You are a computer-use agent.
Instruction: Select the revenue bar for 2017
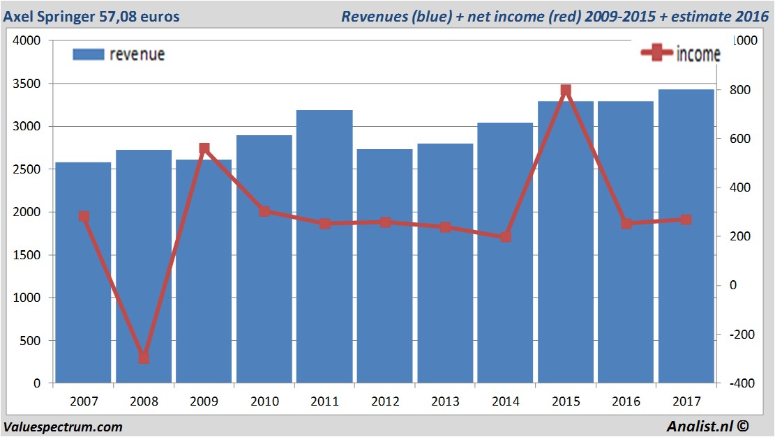tap(686, 293)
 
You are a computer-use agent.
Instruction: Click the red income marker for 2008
tap(144, 358)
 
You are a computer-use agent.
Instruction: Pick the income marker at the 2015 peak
tap(566, 91)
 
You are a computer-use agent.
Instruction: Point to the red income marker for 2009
tap(204, 148)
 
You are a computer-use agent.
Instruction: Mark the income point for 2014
tap(506, 237)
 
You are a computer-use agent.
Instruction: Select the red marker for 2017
tap(686, 220)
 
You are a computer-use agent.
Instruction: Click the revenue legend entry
tap(119, 54)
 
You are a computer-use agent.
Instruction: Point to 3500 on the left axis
tap(27, 84)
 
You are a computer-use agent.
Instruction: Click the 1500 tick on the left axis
tap(27, 255)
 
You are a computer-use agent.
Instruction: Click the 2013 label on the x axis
tap(445, 402)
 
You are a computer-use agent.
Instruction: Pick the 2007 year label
tap(84, 402)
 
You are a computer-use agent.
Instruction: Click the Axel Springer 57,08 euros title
tap(91, 16)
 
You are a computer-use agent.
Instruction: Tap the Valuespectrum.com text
tap(63, 427)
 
